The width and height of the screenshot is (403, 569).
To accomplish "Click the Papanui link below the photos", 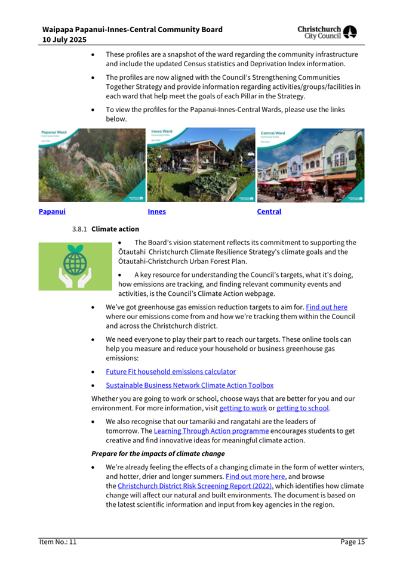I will pos(52,212).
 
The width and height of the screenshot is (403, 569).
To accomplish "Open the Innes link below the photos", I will pos(156,212).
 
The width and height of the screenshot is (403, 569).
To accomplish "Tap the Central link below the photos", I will pos(269,212).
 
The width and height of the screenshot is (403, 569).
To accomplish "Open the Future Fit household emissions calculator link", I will pos(171,372).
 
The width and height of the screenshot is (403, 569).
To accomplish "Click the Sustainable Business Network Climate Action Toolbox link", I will pos(189,385).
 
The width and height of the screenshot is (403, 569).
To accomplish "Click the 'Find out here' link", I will pos(327,307).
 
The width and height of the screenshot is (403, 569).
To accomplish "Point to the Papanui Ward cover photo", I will pos(92,165).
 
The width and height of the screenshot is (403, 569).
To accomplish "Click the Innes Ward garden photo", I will pos(201,165).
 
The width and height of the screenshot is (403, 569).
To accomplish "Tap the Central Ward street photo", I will pos(310,165).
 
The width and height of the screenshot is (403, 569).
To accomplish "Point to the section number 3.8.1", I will pos(80,229).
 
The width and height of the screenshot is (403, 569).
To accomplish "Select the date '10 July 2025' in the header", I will pos(64,39).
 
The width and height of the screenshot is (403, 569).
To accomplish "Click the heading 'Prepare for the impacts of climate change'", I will pos(158,453).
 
